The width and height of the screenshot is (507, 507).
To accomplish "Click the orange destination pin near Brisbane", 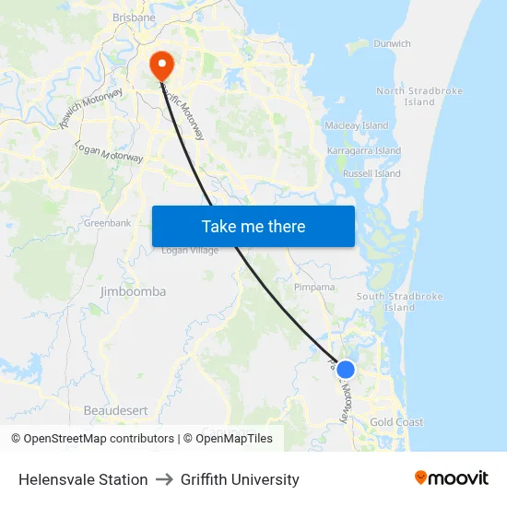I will point(161,65).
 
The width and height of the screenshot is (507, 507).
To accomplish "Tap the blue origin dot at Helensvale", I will point(346,370).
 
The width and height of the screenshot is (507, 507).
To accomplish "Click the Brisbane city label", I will point(133,18).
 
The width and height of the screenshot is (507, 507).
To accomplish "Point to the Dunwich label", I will point(392,43).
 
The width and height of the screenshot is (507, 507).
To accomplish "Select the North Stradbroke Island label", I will point(419,97).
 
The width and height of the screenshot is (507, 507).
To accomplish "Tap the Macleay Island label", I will point(357,125).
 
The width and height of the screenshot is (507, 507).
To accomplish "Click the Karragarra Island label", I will point(364,150).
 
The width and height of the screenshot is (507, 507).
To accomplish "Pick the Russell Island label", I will point(371,173).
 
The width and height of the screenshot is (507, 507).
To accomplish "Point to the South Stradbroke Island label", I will point(399,302).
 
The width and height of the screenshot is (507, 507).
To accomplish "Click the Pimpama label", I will point(314,288).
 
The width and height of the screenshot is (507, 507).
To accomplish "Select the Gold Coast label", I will point(396,422).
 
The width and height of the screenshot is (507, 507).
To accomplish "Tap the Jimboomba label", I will point(133,291).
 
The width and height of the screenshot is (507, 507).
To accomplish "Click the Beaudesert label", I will point(116,409).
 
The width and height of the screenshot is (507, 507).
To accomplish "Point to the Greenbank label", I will point(107,223).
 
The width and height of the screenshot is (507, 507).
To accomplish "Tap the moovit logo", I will point(451,478).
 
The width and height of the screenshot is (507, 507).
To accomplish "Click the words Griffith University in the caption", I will point(240,479).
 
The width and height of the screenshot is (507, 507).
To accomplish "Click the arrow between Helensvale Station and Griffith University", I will point(164,479).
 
